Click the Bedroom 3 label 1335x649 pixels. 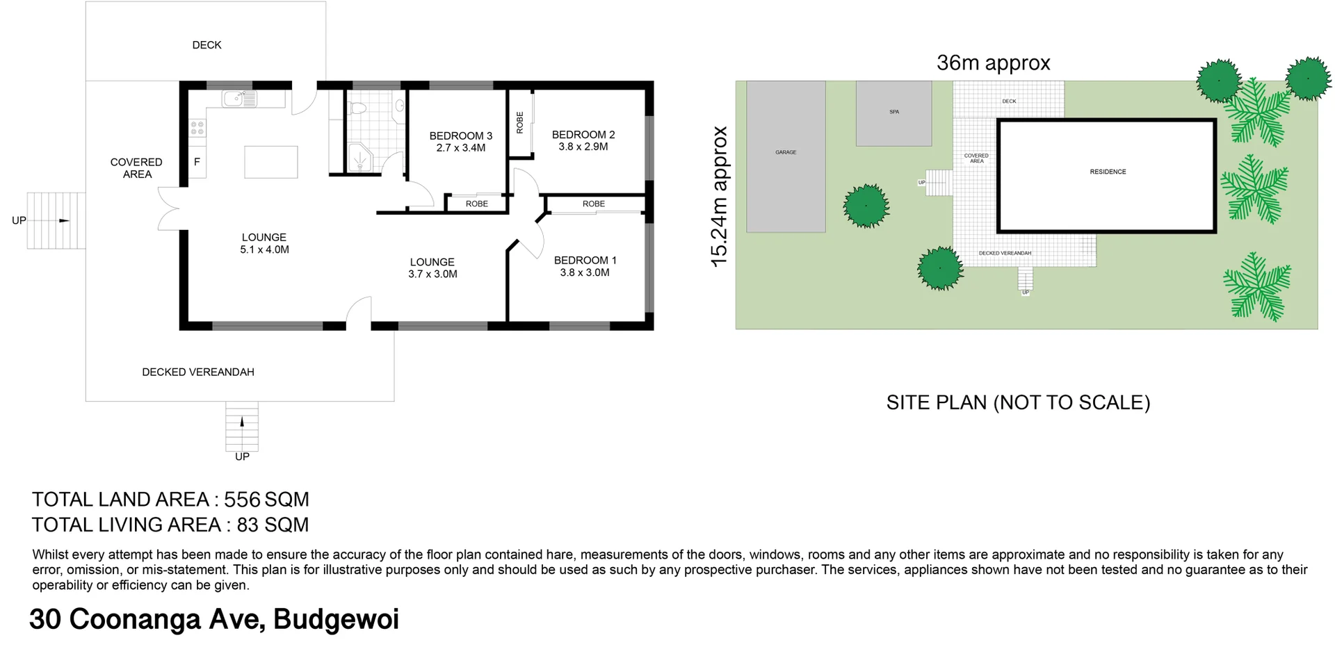(460, 135)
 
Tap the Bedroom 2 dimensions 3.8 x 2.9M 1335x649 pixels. (583, 147)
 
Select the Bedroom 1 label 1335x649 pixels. (585, 261)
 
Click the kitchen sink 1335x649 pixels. (239, 99)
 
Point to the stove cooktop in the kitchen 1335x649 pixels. (197, 128)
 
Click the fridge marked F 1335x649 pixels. (197, 163)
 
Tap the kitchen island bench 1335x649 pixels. (271, 162)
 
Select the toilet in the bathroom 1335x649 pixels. (358, 108)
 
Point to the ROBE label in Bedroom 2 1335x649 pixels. (519, 123)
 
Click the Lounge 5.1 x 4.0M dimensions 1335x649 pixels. (264, 250)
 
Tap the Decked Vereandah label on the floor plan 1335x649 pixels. (198, 372)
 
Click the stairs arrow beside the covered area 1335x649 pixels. (64, 221)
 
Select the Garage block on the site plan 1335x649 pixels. (786, 156)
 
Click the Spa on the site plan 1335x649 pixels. (893, 113)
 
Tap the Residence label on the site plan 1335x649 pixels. (1108, 172)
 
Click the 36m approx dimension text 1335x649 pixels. (993, 63)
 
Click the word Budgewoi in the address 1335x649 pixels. (336, 619)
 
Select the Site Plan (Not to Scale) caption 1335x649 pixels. (1018, 403)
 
